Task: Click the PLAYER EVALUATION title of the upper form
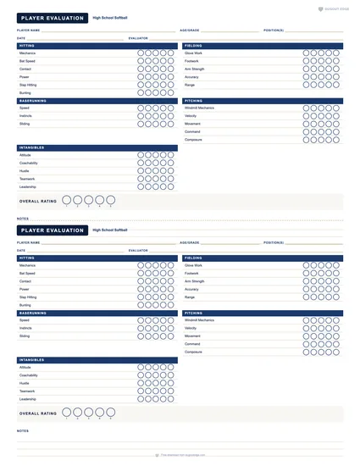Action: [52, 18]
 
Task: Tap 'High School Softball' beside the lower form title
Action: [110, 230]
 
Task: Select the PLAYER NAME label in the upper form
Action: [29, 30]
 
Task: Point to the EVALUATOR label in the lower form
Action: [138, 250]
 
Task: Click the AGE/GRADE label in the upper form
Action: [190, 30]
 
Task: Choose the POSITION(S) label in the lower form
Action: [274, 242]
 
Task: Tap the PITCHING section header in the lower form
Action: [194, 313]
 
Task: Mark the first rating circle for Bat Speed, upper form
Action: [141, 61]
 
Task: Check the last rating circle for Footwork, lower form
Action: [335, 274]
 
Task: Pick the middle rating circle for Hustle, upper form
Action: [155, 171]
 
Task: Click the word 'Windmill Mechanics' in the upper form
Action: [200, 108]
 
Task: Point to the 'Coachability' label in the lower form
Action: [29, 375]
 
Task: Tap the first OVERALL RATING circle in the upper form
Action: [67, 201]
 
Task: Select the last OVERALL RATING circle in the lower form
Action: [111, 413]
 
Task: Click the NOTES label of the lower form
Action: [22, 430]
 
